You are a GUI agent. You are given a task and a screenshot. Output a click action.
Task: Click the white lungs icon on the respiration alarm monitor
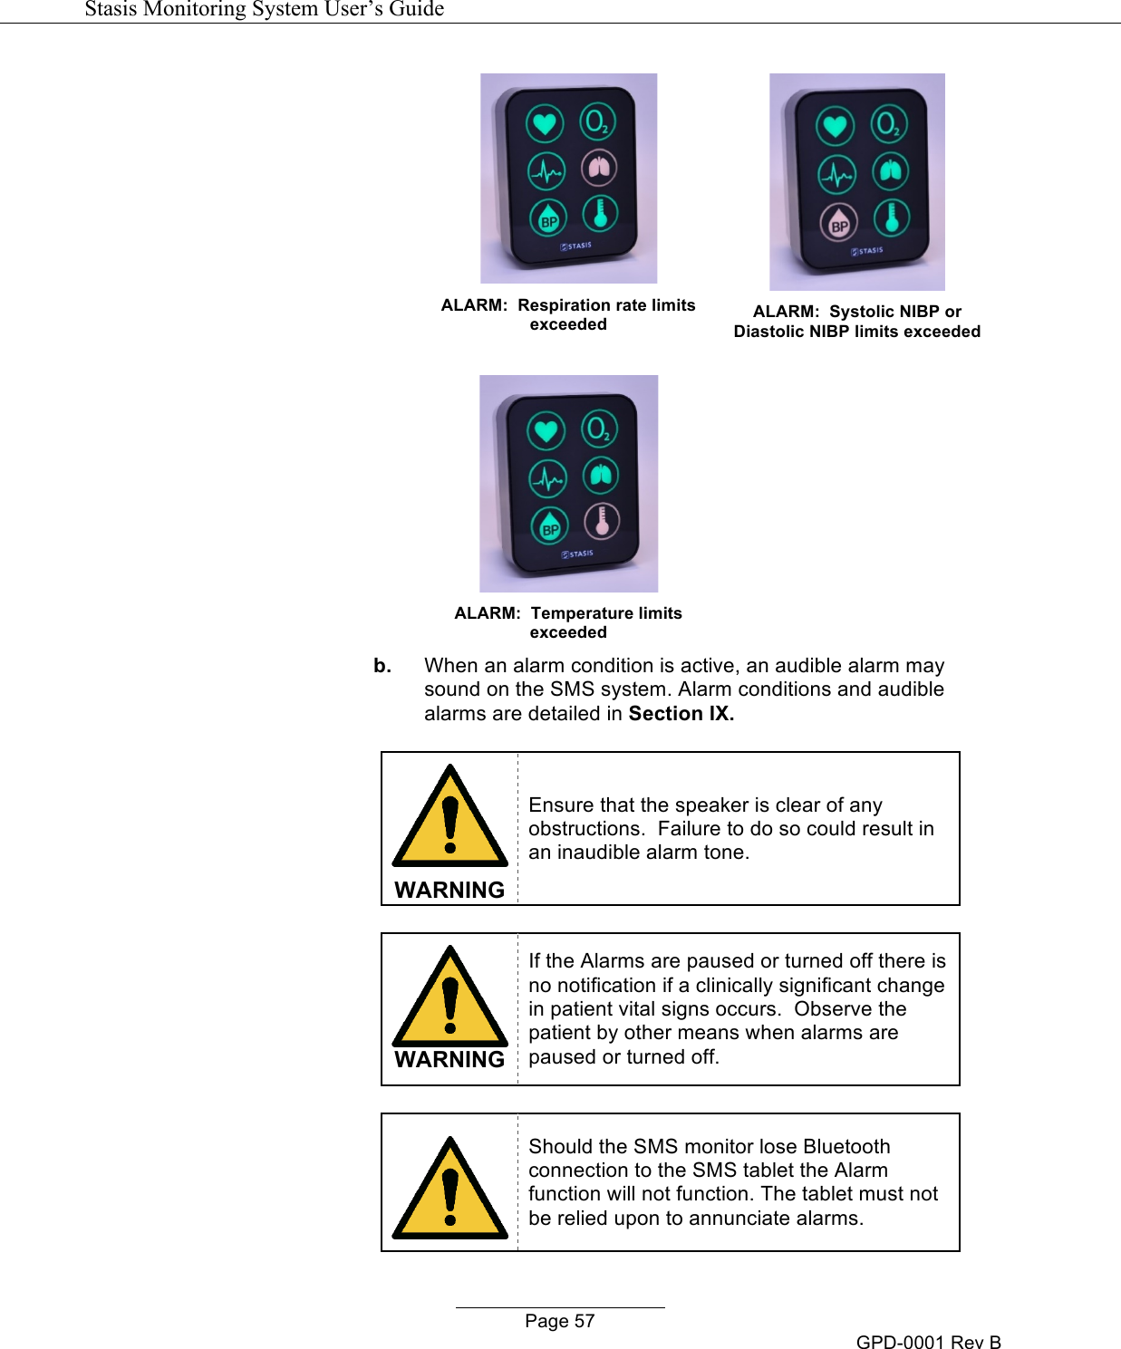pyautogui.click(x=599, y=168)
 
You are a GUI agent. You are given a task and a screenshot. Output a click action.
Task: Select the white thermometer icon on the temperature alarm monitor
pyautogui.click(x=602, y=521)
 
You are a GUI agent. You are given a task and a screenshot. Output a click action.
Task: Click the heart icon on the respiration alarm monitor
pyautogui.click(x=545, y=123)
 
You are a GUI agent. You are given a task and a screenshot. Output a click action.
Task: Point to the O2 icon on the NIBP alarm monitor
pyautogui.click(x=888, y=123)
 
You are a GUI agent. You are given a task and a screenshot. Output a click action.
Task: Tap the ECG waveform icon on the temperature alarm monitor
pyautogui.click(x=547, y=477)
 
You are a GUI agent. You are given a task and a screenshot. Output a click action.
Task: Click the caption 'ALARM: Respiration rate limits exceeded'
pyautogui.click(x=568, y=314)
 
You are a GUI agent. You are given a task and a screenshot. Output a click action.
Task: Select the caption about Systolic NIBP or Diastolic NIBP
pyautogui.click(x=856, y=322)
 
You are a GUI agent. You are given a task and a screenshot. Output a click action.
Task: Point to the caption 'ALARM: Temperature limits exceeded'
pyautogui.click(x=568, y=622)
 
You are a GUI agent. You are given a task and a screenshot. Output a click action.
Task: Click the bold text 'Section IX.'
pyautogui.click(x=681, y=714)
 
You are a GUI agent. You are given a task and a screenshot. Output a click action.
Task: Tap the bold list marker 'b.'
pyautogui.click(x=382, y=666)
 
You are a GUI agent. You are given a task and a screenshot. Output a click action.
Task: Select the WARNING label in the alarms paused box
pyautogui.click(x=449, y=1059)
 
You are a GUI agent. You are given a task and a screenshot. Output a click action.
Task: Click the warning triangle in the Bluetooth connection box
pyautogui.click(x=449, y=1190)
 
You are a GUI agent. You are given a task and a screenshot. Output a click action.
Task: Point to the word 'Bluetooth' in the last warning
pyautogui.click(x=846, y=1146)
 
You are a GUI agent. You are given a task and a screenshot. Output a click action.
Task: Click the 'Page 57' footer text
pyautogui.click(x=559, y=1321)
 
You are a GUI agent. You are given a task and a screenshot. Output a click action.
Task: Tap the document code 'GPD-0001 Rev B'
pyautogui.click(x=928, y=1342)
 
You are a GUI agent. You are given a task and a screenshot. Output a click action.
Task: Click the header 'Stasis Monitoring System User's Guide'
pyautogui.click(x=264, y=9)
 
